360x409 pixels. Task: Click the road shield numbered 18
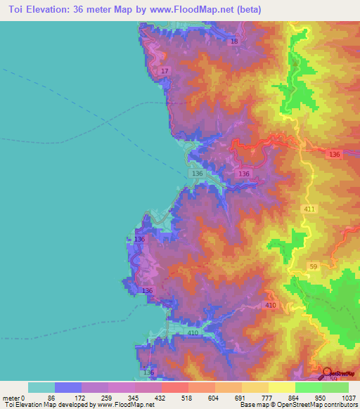click(234, 42)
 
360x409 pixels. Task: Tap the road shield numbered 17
click(165, 72)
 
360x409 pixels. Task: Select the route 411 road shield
click(309, 209)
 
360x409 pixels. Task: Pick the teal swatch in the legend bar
click(41, 387)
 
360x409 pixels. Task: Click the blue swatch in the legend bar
click(67, 387)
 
